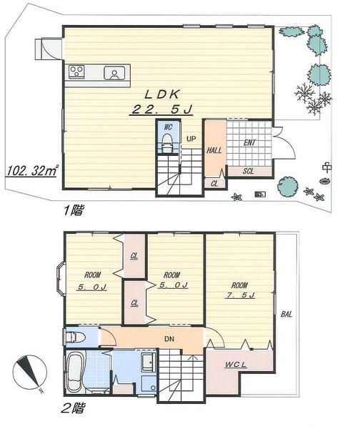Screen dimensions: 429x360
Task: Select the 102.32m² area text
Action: (32, 171)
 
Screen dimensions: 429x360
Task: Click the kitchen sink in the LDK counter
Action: (114, 72)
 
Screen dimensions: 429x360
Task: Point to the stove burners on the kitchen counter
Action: (77, 71)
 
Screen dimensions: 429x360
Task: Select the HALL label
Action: (214, 151)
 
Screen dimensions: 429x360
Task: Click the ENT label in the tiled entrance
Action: (249, 143)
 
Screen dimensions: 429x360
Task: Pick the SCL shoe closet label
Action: (248, 172)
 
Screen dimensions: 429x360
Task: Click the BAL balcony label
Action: (286, 314)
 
